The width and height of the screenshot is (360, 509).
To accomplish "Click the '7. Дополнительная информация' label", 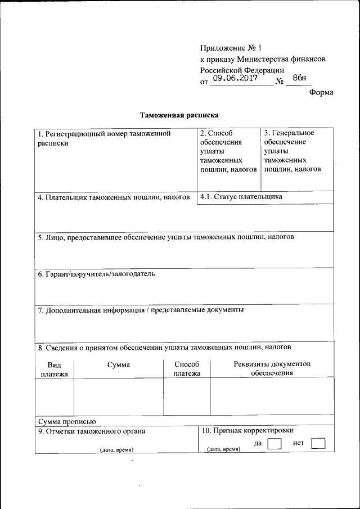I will click(x=141, y=309).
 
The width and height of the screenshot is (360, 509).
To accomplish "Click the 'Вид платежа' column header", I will click(x=54, y=369).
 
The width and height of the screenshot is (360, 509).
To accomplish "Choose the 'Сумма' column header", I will click(x=118, y=364).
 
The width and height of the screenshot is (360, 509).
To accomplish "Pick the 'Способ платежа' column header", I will click(x=187, y=369).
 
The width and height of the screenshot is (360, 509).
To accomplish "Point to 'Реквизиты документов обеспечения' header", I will click(x=272, y=368).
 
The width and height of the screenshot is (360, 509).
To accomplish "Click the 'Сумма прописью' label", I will click(x=67, y=421).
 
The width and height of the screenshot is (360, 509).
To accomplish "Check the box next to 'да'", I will click(x=274, y=444).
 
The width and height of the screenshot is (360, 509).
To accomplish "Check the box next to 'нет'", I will click(x=318, y=444).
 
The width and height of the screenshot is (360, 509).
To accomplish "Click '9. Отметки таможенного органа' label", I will click(x=92, y=431).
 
